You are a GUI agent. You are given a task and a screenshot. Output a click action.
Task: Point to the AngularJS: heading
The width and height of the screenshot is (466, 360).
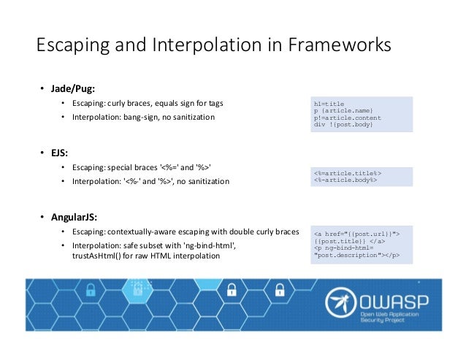coord(77,217)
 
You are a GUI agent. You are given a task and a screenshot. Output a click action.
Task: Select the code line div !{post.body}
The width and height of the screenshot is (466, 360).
coord(343,125)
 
